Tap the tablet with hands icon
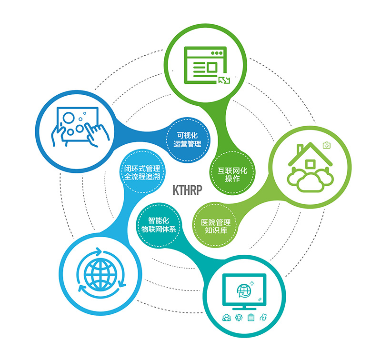(78, 127)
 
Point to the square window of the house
(311, 164)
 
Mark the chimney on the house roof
(300, 150)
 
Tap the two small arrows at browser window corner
(223, 80)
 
